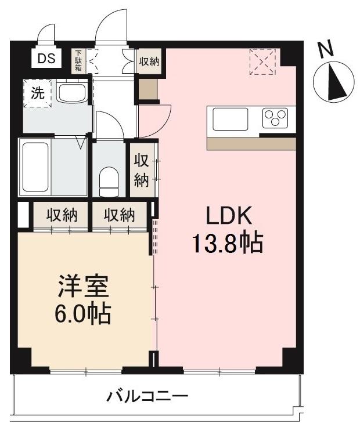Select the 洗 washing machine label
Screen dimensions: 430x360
point(37,94)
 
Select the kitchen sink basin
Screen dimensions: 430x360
point(230,120)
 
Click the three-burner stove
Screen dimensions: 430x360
point(275,119)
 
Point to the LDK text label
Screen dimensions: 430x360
point(228,216)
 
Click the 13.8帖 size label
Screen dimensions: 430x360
point(228,242)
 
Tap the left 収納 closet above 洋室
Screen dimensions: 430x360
point(62,215)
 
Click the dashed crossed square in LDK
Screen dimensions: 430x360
point(263,61)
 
